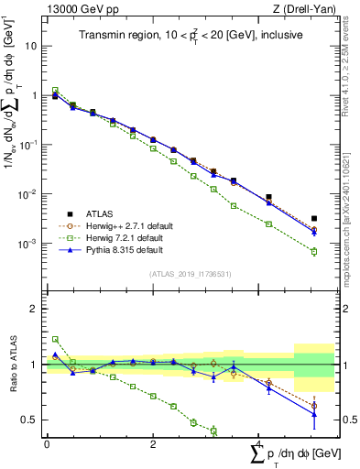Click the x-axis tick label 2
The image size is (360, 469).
153,444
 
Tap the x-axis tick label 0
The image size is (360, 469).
47,444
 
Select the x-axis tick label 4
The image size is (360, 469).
259,444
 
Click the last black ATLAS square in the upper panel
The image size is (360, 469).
314,219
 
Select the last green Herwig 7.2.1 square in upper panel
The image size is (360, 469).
314,251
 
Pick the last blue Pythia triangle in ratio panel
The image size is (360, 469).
314,414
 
